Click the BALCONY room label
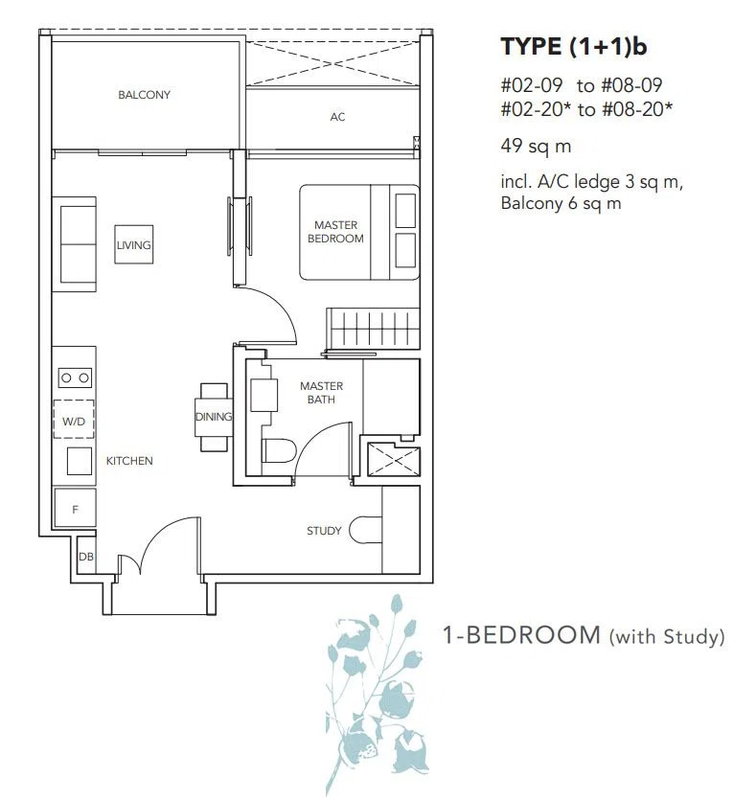click(144, 95)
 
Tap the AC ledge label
click(337, 117)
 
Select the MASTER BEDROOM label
click(335, 232)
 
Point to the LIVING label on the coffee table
click(134, 245)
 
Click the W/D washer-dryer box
click(74, 419)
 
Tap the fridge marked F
click(75, 508)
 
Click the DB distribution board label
click(86, 557)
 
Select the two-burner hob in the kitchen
click(75, 378)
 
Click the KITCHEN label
click(129, 461)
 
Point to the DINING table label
click(214, 417)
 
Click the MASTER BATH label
click(321, 393)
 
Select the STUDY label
click(324, 531)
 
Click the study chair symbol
click(366, 530)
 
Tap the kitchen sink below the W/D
click(80, 461)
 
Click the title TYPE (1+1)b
click(574, 47)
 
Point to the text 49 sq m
click(536, 146)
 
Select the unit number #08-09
click(631, 85)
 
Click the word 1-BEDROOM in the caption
click(521, 635)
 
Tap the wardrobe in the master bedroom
click(373, 329)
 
